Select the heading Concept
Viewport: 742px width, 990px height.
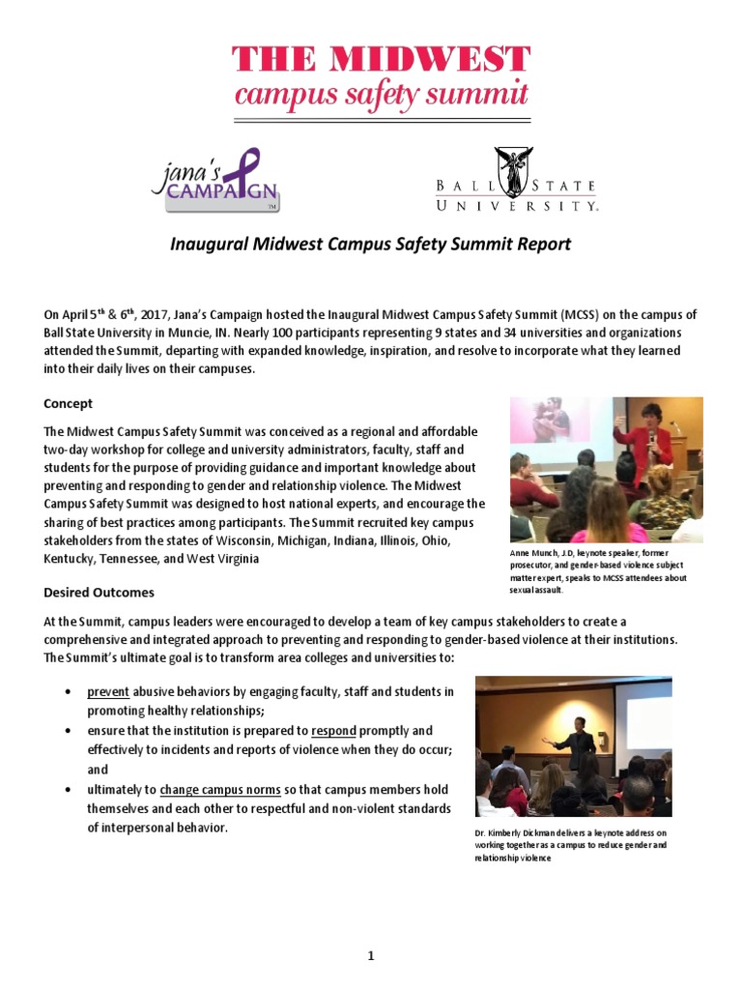tap(68, 403)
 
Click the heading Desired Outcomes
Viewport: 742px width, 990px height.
tap(99, 592)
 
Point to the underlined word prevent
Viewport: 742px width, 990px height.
tap(108, 691)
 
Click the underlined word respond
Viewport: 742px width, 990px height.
tap(333, 730)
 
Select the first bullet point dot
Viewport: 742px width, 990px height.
tap(65, 693)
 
